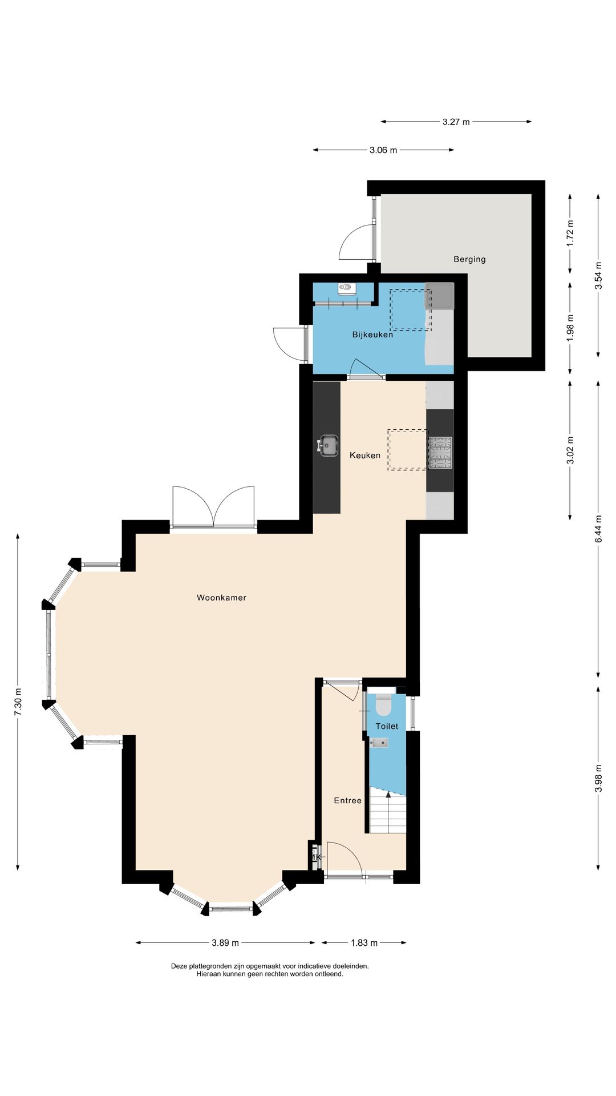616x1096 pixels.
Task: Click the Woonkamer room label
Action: [x=221, y=598]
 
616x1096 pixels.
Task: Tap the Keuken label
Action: [x=365, y=455]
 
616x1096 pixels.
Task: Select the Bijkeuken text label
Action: [x=372, y=335]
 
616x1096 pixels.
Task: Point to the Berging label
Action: [x=469, y=259]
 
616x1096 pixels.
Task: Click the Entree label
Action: [x=348, y=800]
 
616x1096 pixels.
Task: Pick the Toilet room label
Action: [x=387, y=726]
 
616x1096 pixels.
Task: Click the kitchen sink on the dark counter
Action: [x=328, y=445]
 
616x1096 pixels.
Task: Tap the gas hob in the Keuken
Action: [x=440, y=453]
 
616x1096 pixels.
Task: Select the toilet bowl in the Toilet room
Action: [x=383, y=705]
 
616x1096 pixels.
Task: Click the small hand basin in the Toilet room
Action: [x=379, y=743]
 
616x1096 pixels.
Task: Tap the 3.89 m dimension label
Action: [x=225, y=942]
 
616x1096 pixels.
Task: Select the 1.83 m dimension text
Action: [x=364, y=942]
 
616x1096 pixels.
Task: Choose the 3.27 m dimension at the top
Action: [x=456, y=122]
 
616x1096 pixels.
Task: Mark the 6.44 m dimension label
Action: [x=598, y=529]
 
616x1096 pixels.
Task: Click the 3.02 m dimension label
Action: [x=570, y=450]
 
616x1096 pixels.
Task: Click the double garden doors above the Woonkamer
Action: [x=213, y=507]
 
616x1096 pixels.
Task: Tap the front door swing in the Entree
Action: [x=345, y=858]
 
